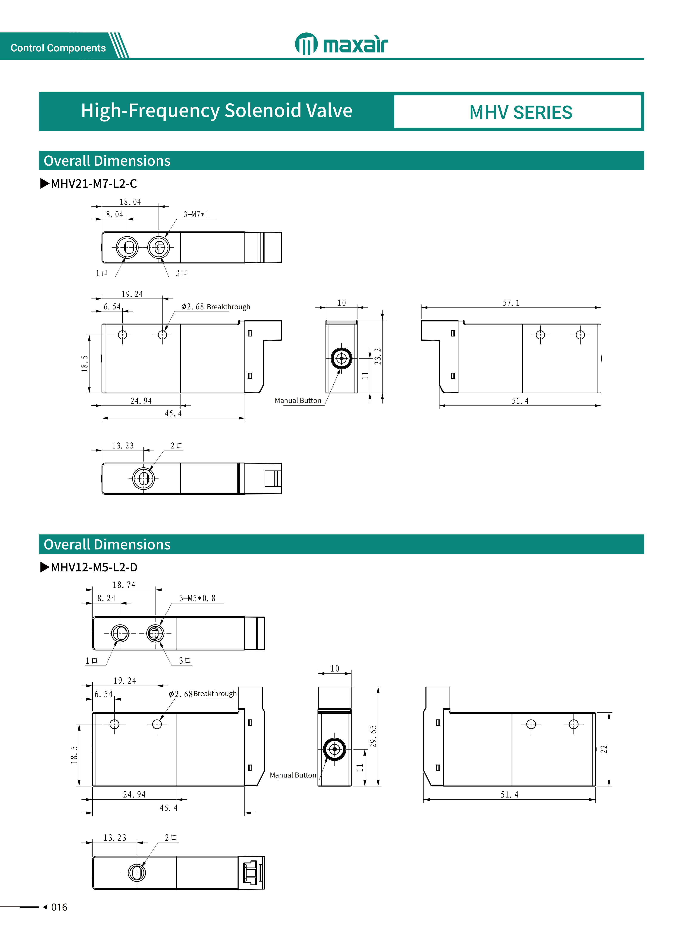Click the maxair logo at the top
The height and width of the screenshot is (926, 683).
[x=341, y=44]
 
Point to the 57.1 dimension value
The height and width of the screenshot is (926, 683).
[x=511, y=303]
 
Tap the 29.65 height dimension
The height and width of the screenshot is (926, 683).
[x=373, y=736]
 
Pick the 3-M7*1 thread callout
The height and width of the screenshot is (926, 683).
[x=196, y=214]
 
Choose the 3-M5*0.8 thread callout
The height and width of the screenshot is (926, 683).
[x=197, y=598]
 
